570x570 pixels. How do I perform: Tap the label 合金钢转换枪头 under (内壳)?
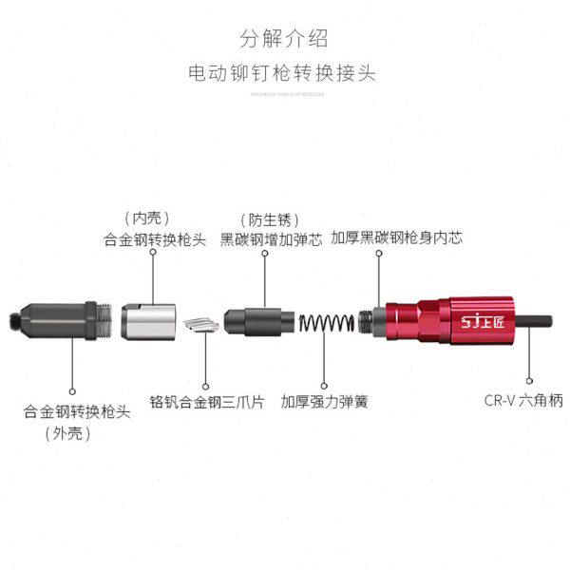(154, 239)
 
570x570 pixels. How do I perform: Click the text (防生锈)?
(263, 218)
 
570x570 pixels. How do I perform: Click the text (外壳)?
(66, 433)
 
